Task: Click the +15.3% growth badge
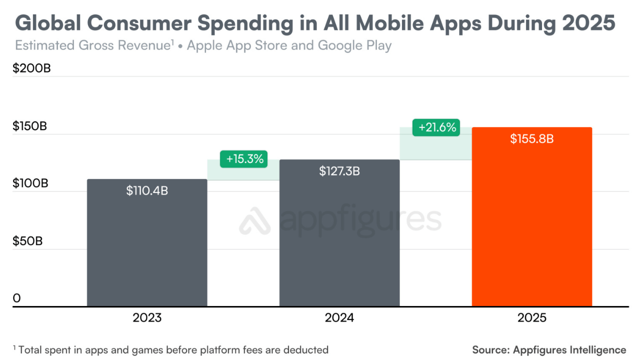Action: tap(244, 159)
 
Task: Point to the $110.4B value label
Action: tap(147, 190)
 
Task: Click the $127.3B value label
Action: tap(339, 171)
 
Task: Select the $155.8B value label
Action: tap(532, 139)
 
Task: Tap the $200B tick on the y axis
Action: tap(31, 68)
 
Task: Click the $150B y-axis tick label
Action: tap(30, 126)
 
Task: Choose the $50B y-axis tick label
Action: tap(28, 241)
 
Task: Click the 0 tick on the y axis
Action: tap(17, 298)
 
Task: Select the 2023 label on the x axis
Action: tap(147, 318)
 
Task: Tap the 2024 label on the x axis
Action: tap(339, 318)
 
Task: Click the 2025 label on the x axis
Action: tap(532, 318)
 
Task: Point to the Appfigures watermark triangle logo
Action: tap(254, 220)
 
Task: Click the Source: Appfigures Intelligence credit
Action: tap(549, 349)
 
